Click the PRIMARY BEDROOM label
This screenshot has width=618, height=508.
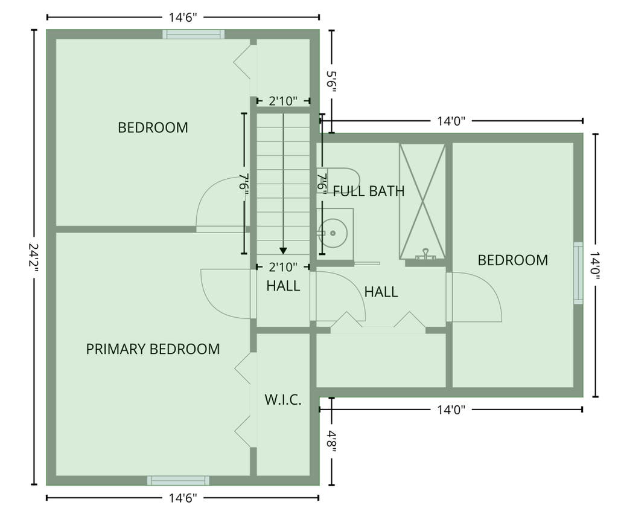pos(153,349)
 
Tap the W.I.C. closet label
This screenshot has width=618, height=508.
pos(283,399)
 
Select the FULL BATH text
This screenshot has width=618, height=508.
pos(369,191)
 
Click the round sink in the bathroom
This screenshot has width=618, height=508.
pos(333,233)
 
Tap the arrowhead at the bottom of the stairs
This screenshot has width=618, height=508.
pos(283,251)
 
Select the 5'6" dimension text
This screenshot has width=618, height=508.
pos(331,82)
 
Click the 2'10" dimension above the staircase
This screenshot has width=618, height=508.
pos(283,101)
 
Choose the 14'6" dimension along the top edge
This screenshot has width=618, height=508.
pos(183,18)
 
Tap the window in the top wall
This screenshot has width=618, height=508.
pos(194,34)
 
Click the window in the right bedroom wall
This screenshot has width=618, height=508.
pos(578,273)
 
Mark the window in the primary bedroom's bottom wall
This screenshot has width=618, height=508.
pos(178,480)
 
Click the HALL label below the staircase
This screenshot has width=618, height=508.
pos(283,286)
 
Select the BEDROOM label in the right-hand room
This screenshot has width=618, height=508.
pos(513,260)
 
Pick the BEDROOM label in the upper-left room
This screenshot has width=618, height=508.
pos(153,128)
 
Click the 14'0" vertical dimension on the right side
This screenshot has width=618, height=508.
pos(595,265)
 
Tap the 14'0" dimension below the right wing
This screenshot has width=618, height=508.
pos(451,410)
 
